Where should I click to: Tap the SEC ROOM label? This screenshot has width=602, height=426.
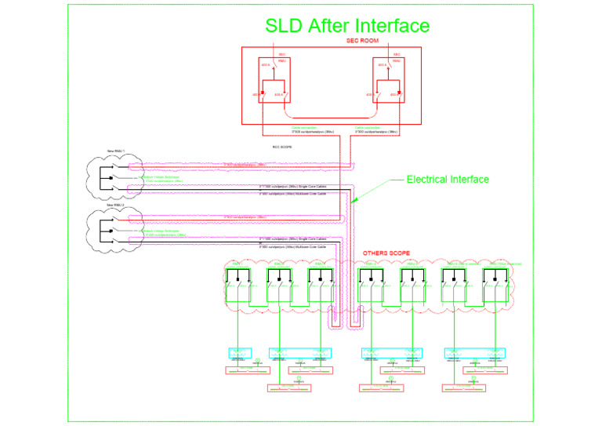click(x=362, y=40)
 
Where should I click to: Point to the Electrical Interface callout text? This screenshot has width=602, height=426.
click(x=448, y=180)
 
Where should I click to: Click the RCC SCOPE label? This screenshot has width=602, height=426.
click(x=282, y=146)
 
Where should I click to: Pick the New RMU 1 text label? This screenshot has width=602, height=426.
click(x=115, y=151)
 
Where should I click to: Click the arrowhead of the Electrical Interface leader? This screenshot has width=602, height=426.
click(x=354, y=202)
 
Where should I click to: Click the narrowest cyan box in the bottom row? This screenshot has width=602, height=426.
click(x=239, y=352)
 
